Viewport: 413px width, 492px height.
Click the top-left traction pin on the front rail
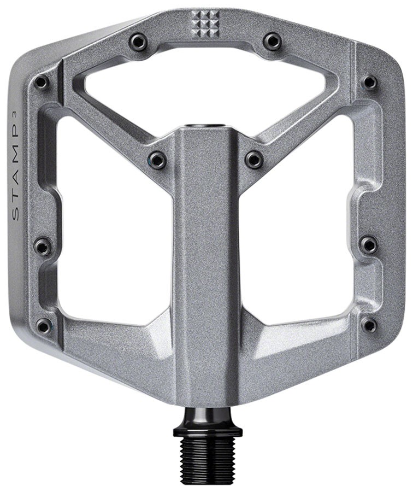coord(139,42)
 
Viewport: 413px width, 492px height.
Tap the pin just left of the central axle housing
coord(158,160)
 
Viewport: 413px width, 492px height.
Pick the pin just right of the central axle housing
coord(254,159)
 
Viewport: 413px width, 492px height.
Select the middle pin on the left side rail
coord(43,245)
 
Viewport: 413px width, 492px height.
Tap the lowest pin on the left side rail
coord(44,326)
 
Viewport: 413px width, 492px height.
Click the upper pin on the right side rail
coord(370,82)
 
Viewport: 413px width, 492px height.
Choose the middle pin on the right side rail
coord(369,244)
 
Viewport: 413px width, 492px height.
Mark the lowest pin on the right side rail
coord(369,325)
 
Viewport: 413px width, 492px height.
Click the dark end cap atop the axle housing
coord(206,127)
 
